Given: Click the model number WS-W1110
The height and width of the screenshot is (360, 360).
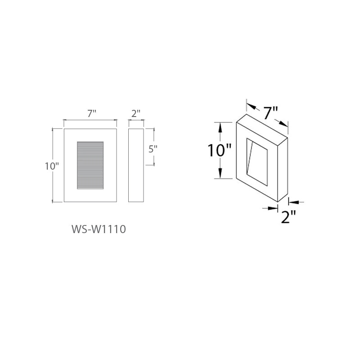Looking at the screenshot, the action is point(99,229).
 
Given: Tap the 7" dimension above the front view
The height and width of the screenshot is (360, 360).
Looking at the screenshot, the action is point(91,113).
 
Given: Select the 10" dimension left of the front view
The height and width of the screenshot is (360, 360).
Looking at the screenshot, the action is point(52,166).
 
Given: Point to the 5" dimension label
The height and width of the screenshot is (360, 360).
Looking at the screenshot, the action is point(153,149).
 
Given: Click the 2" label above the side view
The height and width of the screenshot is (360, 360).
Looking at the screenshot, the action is point(136,113).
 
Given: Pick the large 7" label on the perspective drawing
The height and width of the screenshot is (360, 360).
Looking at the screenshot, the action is point(270,113).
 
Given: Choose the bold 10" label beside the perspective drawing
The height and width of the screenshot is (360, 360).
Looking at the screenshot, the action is point(219,150).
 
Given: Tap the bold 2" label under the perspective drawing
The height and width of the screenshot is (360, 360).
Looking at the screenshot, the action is point(288,216).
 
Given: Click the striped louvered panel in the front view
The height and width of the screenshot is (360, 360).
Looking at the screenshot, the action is point(90,165).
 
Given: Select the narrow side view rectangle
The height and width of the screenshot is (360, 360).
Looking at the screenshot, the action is point(136,165).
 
